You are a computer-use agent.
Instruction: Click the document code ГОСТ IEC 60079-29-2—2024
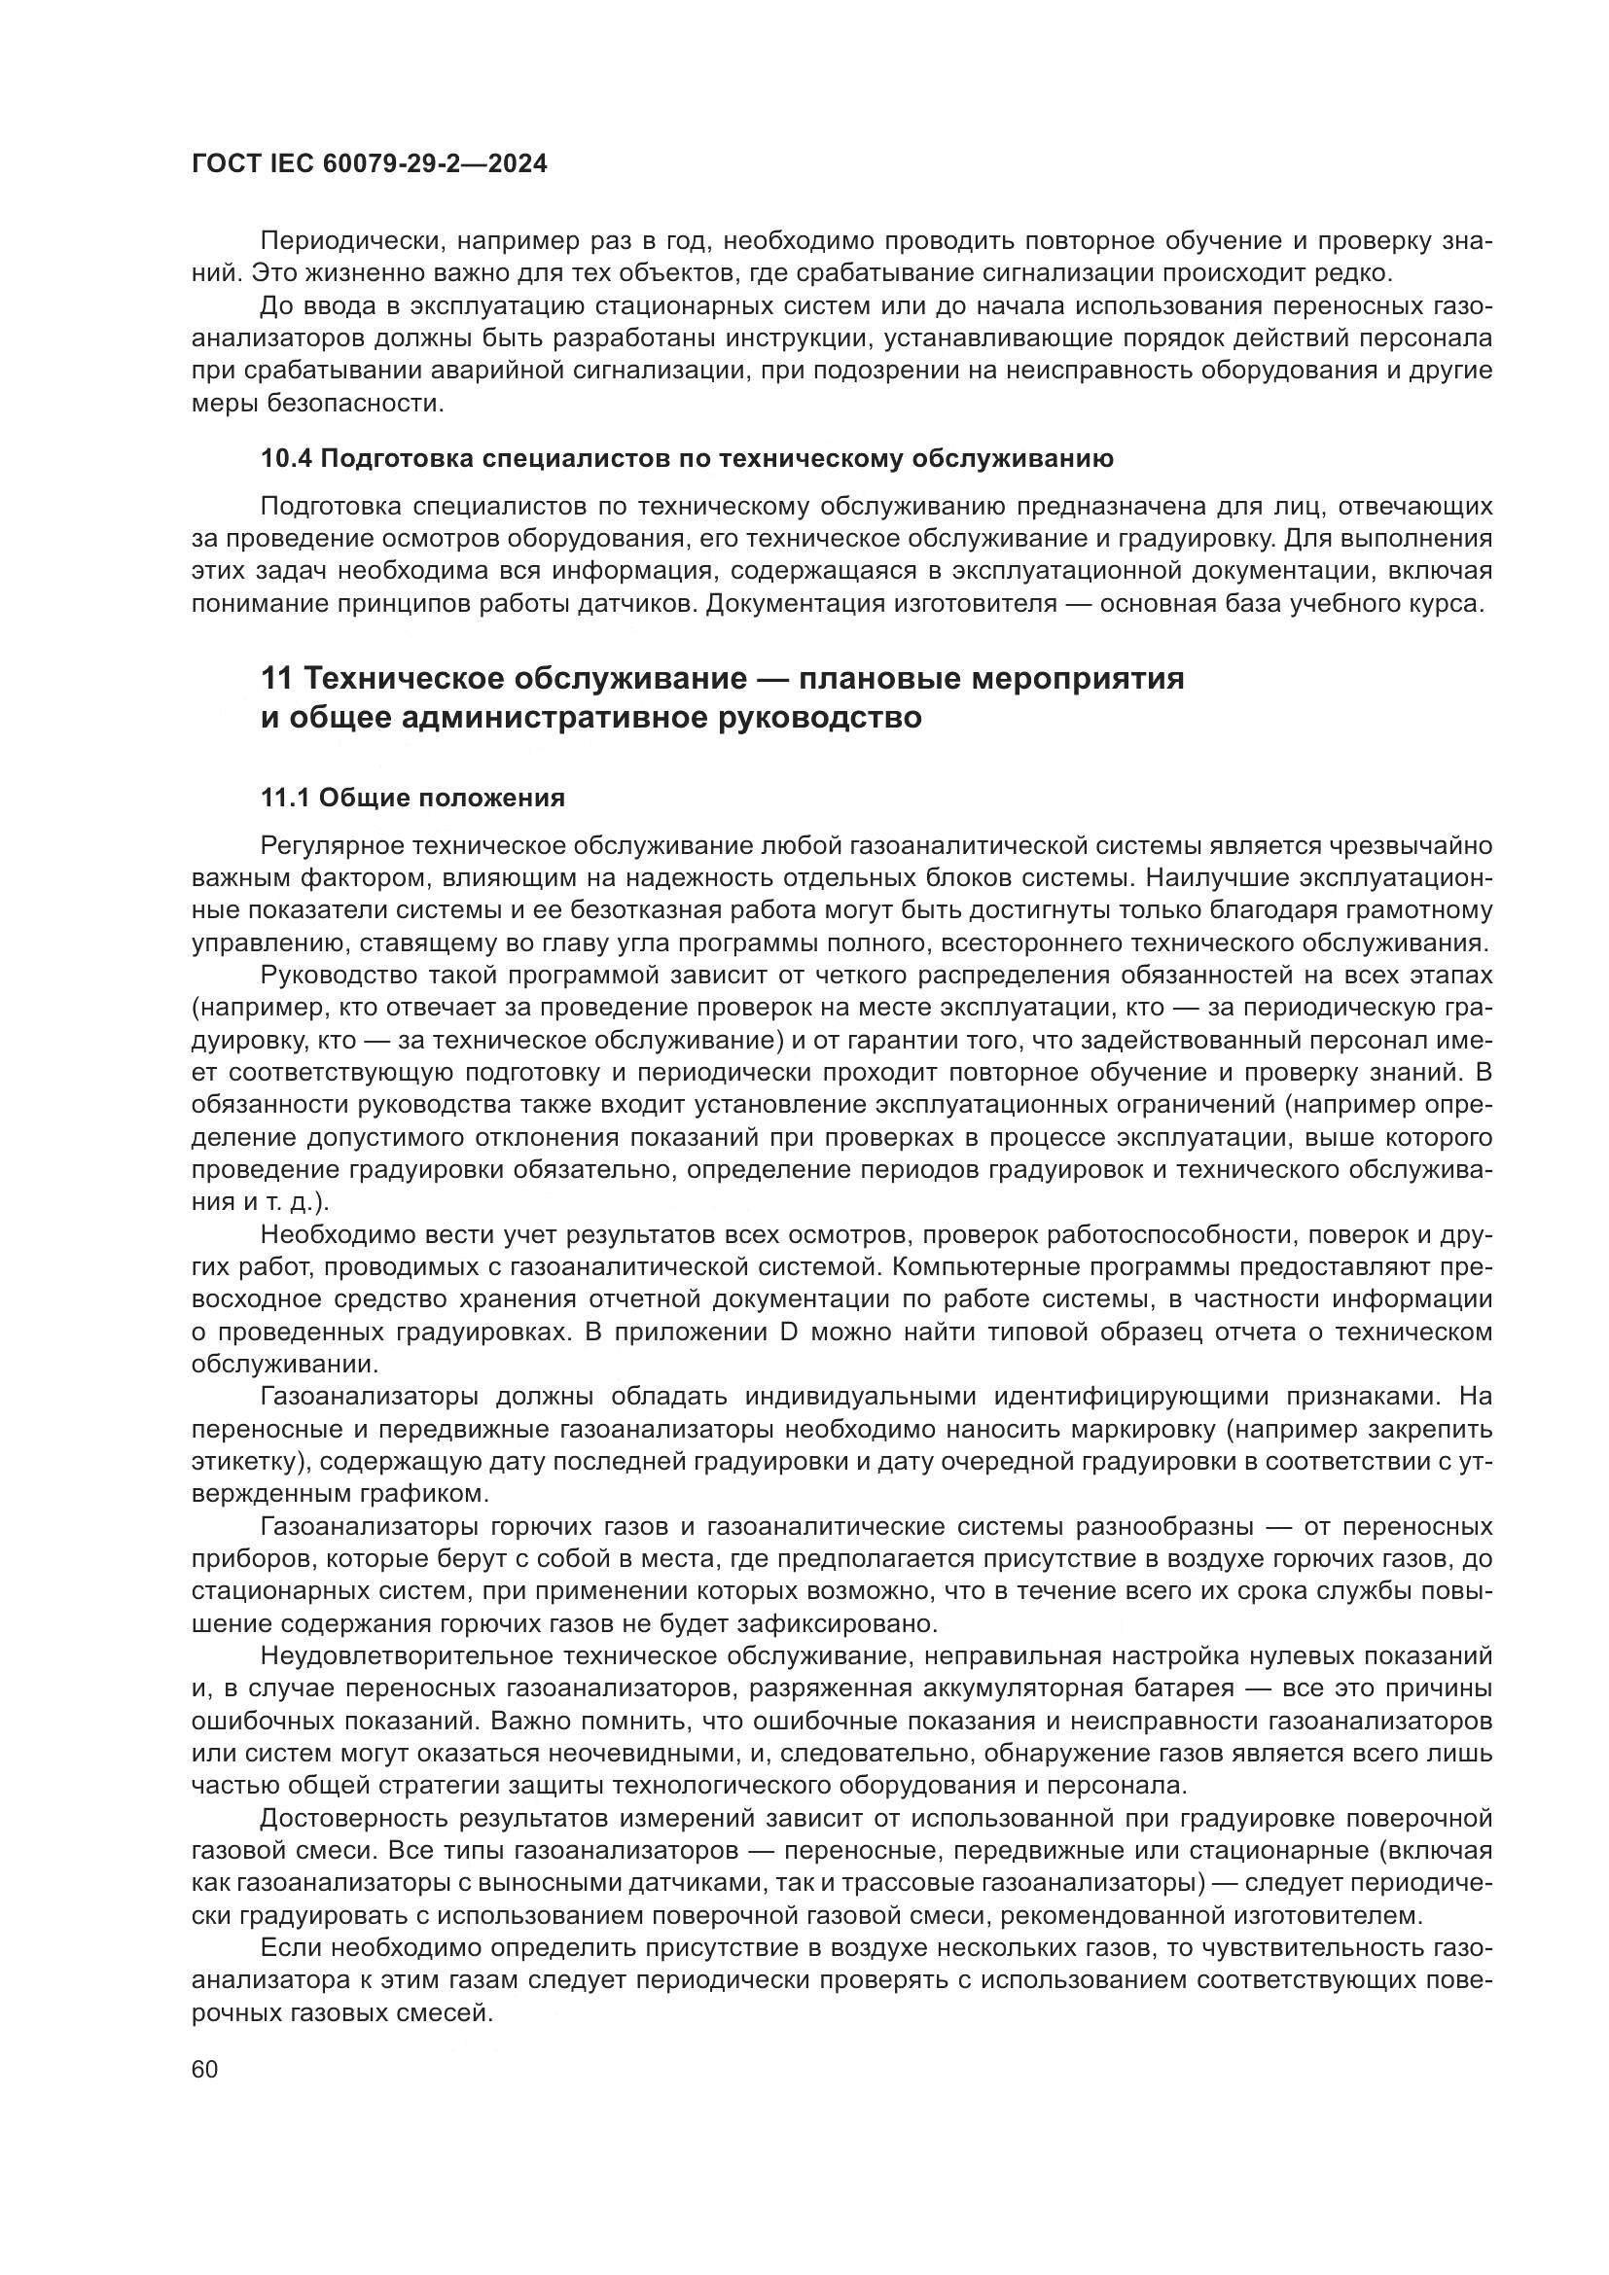(369, 164)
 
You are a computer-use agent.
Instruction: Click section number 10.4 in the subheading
(285, 459)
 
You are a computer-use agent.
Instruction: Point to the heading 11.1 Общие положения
(412, 799)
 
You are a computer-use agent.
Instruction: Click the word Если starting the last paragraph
(289, 1948)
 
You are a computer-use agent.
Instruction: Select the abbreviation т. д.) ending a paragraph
(297, 1203)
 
